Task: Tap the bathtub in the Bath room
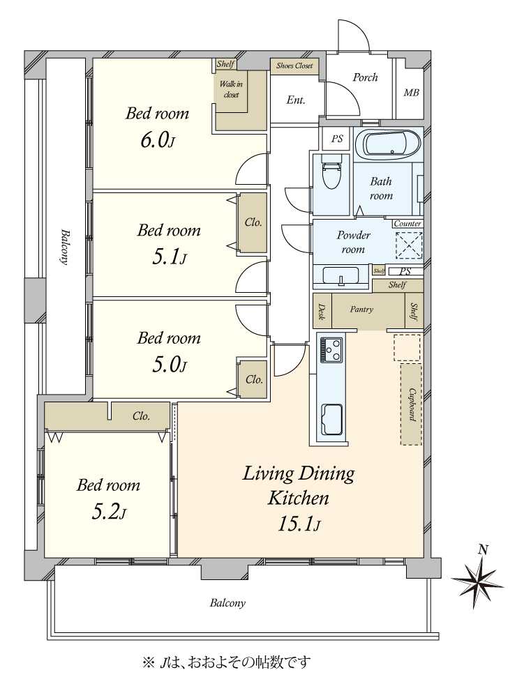(x=387, y=144)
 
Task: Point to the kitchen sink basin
(x=332, y=420)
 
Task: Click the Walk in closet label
(x=231, y=89)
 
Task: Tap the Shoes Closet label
(x=294, y=66)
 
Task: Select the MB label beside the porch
(x=411, y=93)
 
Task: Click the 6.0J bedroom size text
(x=158, y=141)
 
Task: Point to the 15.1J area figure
(x=299, y=524)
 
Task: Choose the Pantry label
(x=361, y=310)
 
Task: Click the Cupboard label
(x=412, y=404)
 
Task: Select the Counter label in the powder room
(x=407, y=224)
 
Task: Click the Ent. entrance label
(x=296, y=100)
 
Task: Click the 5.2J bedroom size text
(x=109, y=512)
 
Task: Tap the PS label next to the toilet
(x=336, y=139)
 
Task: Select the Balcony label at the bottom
(x=227, y=603)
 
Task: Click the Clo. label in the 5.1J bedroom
(x=253, y=222)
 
